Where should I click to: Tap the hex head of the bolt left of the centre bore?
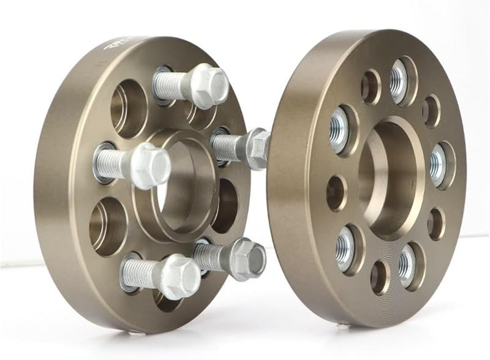pyautogui.click(x=151, y=165)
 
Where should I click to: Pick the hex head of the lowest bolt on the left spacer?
pyautogui.click(x=179, y=276)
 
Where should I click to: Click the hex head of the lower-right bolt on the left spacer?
pyautogui.click(x=249, y=258)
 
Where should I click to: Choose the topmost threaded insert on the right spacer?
pyautogui.click(x=399, y=80)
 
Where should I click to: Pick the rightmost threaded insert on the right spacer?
pyautogui.click(x=437, y=165)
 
